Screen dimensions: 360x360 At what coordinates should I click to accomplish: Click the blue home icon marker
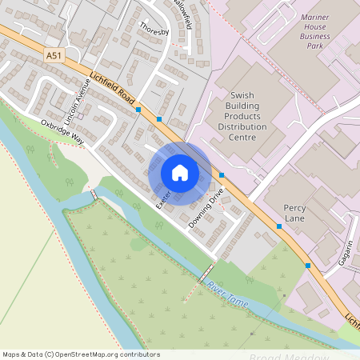point(179,173)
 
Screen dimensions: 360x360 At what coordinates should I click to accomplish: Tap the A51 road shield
point(52,55)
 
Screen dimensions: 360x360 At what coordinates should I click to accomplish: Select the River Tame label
point(228,296)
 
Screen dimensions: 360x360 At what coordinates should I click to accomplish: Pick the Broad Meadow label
point(289,357)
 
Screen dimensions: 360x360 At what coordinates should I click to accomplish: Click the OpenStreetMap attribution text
point(81,354)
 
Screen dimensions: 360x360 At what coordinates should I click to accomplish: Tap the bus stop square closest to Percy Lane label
point(279,226)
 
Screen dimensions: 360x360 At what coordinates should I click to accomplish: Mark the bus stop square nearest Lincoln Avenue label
point(138,109)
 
